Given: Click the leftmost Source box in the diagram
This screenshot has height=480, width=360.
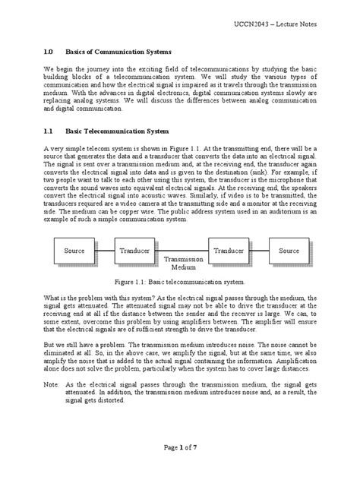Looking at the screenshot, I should pyautogui.click(x=74, y=250).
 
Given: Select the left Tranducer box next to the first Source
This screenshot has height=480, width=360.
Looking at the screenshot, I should pyautogui.click(x=134, y=250).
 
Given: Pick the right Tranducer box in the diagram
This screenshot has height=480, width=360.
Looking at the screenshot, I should pyautogui.click(x=228, y=250).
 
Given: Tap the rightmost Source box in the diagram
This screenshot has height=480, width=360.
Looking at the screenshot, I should pyautogui.click(x=289, y=250).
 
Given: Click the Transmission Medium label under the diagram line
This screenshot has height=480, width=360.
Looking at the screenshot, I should pyautogui.click(x=182, y=263).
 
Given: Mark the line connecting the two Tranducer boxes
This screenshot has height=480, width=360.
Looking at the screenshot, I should pyautogui.click(x=182, y=250).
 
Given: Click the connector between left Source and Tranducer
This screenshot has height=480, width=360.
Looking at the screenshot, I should pyautogui.click(x=106, y=250).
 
